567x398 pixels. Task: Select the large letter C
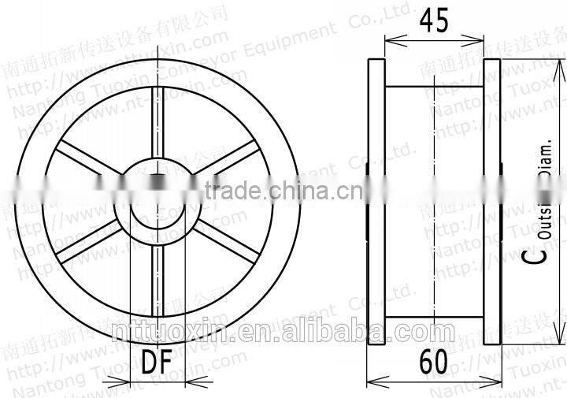(535, 254)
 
